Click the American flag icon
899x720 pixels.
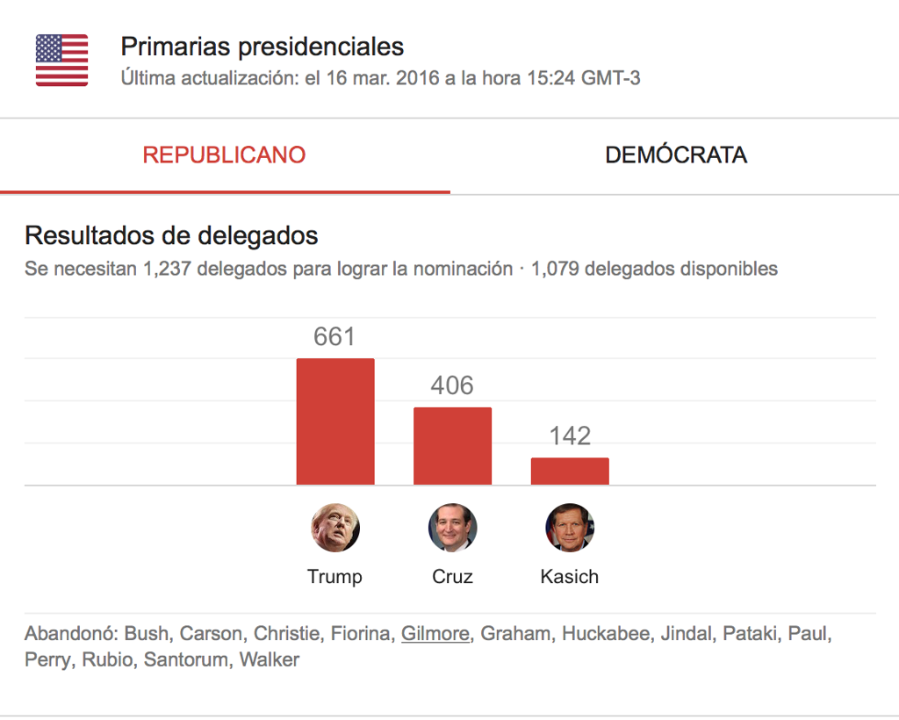coord(61,61)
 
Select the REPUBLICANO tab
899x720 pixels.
coord(224,155)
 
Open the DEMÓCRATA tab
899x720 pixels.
coord(676,155)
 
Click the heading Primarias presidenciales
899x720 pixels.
coord(262,47)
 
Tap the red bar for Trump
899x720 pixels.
coord(334,421)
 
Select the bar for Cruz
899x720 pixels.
coord(452,446)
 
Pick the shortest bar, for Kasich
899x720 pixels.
coord(570,471)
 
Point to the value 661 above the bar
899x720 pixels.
coord(334,337)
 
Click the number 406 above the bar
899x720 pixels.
coord(452,386)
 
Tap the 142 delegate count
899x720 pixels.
coord(570,436)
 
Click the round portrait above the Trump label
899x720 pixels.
coord(335,528)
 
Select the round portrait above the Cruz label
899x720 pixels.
coord(452,528)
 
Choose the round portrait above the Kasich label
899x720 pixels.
coord(570,528)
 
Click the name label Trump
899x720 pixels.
coord(334,577)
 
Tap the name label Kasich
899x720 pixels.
coord(570,577)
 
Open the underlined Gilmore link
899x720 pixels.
coord(435,633)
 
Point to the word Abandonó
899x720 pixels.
coord(71,633)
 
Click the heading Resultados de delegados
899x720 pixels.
coord(171,235)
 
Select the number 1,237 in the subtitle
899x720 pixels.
coord(164,269)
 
